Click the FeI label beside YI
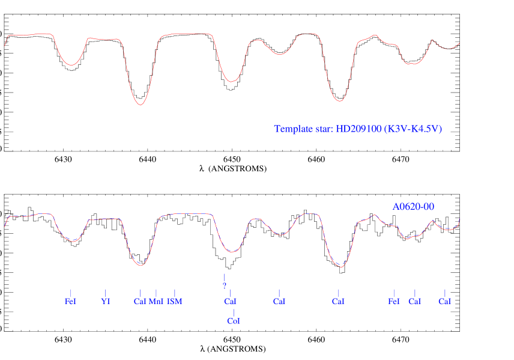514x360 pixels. pos(70,301)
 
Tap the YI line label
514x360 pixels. pos(106,301)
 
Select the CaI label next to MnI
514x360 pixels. pos(140,301)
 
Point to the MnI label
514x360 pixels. pos(156,301)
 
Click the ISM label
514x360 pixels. pos(175,301)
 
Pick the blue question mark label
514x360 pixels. pos(225,285)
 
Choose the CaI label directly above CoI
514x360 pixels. pos(230,301)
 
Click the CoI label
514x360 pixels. pos(234,322)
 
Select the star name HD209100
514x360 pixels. pos(358,129)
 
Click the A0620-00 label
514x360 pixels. pos(413,207)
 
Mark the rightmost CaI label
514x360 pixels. pos(444,301)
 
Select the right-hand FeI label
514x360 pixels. pos(394,301)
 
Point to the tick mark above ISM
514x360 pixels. pos(175,293)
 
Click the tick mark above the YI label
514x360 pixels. pos(106,293)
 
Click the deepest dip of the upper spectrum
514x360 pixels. pos(141,105)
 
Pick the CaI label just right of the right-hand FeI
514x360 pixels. pos(414,301)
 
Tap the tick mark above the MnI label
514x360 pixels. pos(156,293)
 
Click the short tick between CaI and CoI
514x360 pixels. pos(234,311)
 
